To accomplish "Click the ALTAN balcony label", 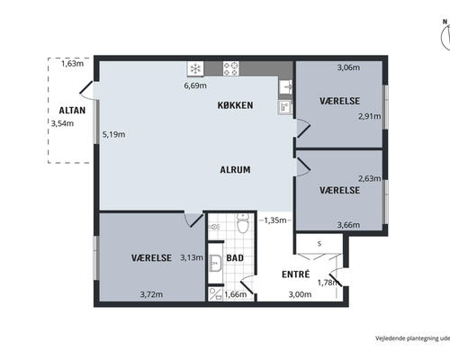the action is coord(72,111).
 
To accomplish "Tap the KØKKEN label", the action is coord(235,105).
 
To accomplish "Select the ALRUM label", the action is coord(235,170).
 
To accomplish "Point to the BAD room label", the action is coord(235,258).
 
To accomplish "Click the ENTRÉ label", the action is coord(295,274).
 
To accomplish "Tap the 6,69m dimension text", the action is coord(195,85).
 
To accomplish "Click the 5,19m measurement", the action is coord(113,134).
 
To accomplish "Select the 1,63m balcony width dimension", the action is coord(72,64).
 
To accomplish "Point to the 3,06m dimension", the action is coord(348,67).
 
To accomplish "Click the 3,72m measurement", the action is coord(151,294).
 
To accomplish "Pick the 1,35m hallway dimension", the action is coord(275,220).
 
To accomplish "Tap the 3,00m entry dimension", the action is coord(300,294).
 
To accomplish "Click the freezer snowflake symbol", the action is coord(195,69).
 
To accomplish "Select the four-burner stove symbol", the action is coord(230,68).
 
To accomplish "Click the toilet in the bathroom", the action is coord(243,223).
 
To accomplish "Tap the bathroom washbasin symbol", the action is coord(215,264).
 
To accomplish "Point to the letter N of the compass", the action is coord(445,22).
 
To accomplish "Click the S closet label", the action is coord(319,244).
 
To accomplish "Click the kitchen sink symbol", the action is coord(285,87).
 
